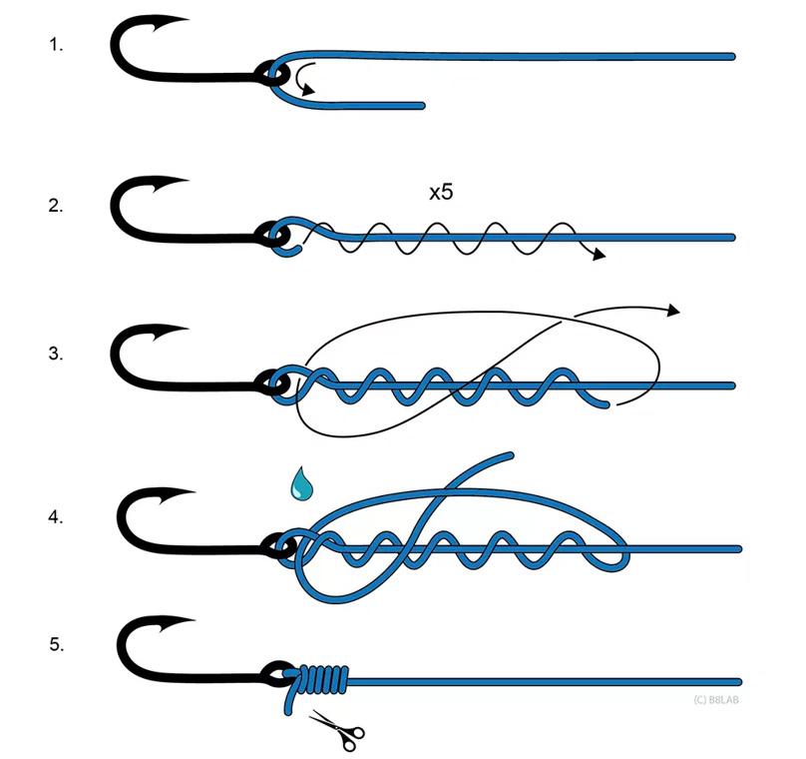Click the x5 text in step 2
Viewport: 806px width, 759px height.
coord(440,193)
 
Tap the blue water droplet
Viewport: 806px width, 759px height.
coord(300,485)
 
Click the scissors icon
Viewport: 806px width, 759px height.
coord(336,729)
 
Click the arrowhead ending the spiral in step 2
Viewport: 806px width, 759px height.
coord(598,256)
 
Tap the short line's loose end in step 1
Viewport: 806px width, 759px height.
coord(423,103)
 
